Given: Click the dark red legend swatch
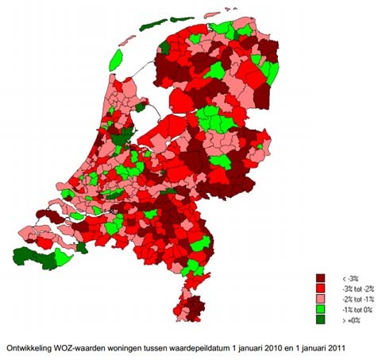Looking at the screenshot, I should pos(322,279).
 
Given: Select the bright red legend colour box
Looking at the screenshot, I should pos(322,289).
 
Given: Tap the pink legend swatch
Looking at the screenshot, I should pos(322,300).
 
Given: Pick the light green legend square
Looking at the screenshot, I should pos(322,310).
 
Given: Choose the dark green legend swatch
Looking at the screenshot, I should pos(322,320).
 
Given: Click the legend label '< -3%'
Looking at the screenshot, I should pos(349,279).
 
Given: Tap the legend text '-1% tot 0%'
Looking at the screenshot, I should pos(356,310).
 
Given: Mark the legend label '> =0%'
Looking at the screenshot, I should pos(350,320).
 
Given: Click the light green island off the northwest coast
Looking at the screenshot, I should pos(117,58).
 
